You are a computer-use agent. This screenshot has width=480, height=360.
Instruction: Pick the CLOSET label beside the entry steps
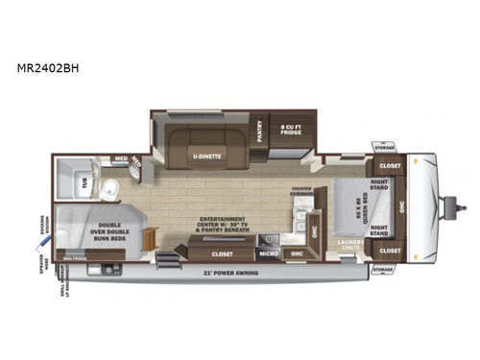point(221,254)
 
